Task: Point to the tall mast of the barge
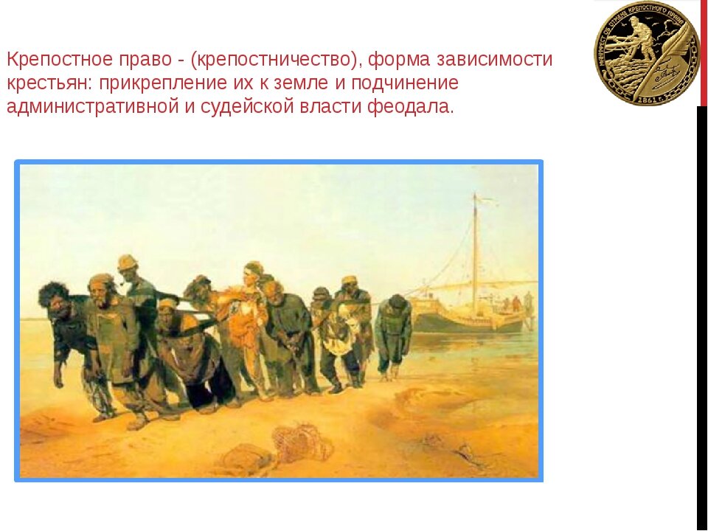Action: click(x=474, y=243)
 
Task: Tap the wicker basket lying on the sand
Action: click(x=299, y=441)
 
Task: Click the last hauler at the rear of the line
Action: click(x=393, y=332)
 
